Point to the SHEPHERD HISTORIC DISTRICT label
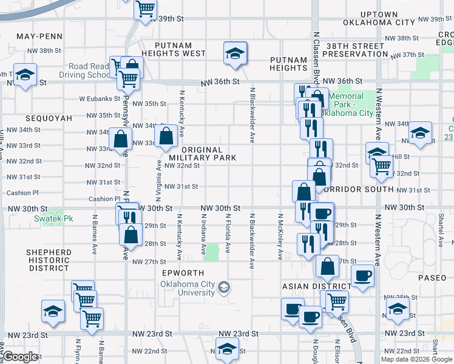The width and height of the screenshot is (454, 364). pos(49,260)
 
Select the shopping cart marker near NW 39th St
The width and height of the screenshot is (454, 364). pos(146,10)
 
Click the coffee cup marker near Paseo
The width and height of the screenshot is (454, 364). pos(362,275)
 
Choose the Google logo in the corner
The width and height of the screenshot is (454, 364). pos(21,357)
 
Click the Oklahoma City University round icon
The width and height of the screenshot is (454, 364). pos(224,286)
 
